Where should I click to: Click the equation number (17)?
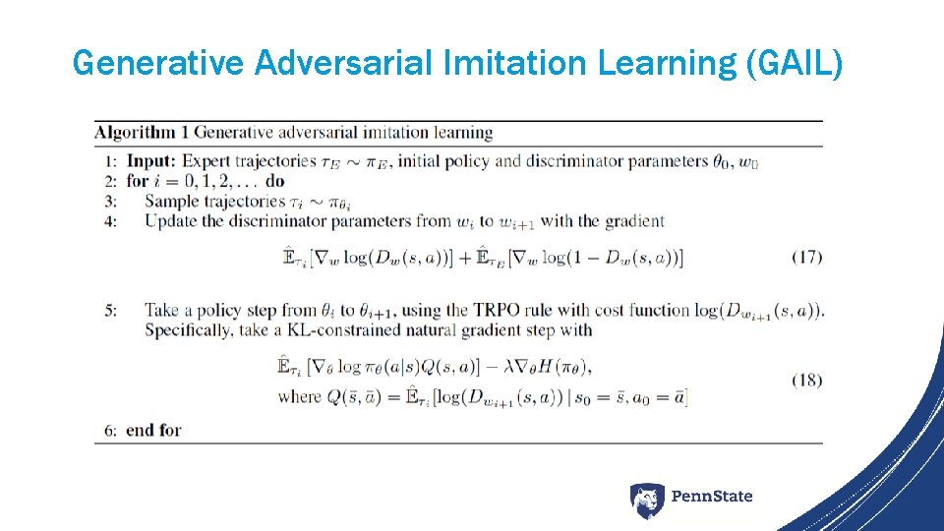point(806,257)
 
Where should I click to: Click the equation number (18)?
point(806,380)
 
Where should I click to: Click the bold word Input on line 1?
point(150,161)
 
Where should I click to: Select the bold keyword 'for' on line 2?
point(137,181)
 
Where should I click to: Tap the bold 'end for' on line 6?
point(153,430)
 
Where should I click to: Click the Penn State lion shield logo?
point(646,500)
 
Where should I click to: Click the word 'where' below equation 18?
point(299,396)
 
